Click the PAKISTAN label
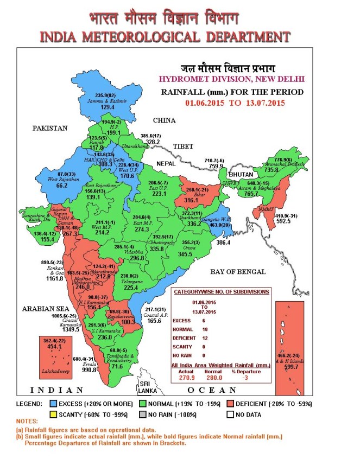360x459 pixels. coord(49,129)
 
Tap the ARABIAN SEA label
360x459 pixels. coord(45,309)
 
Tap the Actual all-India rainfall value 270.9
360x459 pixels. coord(187,378)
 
